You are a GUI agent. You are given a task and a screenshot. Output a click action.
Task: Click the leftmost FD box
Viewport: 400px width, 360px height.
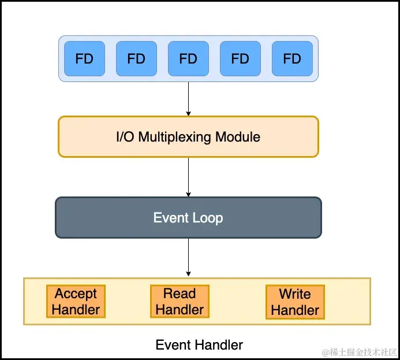[84, 58]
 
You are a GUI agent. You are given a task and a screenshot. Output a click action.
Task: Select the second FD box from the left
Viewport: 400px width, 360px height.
[136, 58]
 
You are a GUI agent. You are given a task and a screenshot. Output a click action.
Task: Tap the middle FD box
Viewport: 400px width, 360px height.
[188, 58]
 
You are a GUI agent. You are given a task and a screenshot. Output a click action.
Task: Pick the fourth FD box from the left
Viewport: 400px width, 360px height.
[240, 58]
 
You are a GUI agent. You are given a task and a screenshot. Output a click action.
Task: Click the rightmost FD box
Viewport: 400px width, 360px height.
[292, 58]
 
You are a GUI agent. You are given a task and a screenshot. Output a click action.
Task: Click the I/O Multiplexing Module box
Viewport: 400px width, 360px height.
[188, 137]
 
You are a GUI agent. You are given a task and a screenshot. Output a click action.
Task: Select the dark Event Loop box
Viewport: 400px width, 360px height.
[188, 218]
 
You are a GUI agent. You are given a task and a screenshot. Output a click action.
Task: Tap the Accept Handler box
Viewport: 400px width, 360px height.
[76, 301]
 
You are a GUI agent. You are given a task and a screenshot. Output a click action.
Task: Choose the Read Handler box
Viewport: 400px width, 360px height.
[180, 301]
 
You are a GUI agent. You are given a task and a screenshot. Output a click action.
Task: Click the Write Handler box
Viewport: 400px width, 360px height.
[295, 301]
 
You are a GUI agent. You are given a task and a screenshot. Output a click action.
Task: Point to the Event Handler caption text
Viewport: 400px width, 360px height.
[199, 345]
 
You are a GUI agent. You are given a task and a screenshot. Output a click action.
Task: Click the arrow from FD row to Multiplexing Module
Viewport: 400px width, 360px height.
[188, 98]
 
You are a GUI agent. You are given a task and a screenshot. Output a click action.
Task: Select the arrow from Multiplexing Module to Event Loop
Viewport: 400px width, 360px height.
[188, 177]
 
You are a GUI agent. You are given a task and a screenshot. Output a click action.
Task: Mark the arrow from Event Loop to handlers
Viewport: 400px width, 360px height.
[188, 257]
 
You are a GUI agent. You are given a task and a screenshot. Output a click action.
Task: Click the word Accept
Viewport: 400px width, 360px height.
[76, 294]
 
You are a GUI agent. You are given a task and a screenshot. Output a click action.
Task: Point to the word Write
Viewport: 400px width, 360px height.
[295, 294]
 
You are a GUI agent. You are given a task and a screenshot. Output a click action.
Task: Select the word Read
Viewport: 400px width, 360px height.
[180, 294]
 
